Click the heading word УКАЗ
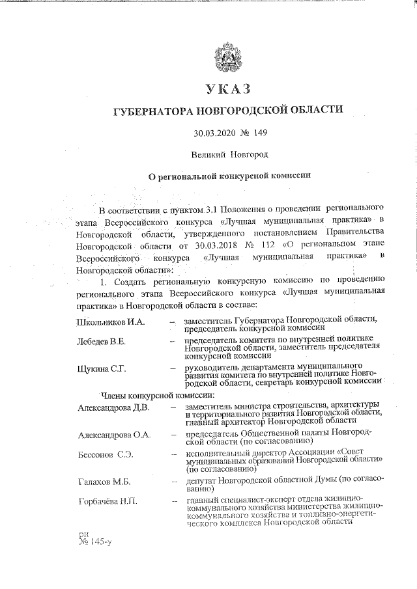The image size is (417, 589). (227, 88)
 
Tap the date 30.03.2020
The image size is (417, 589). (214, 133)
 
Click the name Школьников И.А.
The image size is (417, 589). (111, 321)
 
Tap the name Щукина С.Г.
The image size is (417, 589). (101, 370)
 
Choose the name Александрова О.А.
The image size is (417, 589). (114, 434)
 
